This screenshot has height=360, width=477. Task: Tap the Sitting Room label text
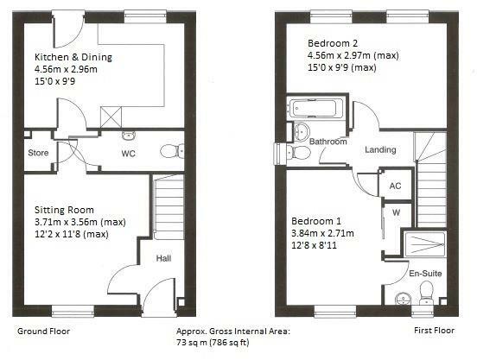64,210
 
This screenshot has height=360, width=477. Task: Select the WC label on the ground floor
128,155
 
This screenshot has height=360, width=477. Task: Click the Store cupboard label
36,155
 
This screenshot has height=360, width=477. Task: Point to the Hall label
163,257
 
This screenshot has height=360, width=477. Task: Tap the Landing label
380,149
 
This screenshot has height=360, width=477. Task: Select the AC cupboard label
395,186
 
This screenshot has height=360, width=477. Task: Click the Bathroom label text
329,142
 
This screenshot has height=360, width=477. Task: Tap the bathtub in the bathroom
318,109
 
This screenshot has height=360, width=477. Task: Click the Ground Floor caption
43,331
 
